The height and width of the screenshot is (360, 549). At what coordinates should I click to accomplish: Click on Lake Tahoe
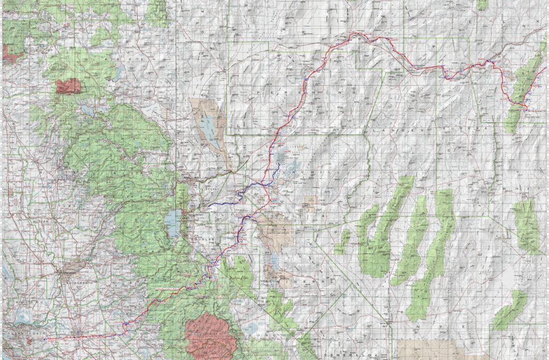pyautogui.click(x=173, y=220)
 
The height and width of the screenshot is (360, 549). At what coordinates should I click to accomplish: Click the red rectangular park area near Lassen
pyautogui.click(x=68, y=86)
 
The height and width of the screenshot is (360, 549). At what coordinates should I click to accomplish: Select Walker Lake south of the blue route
pyautogui.click(x=273, y=262)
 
